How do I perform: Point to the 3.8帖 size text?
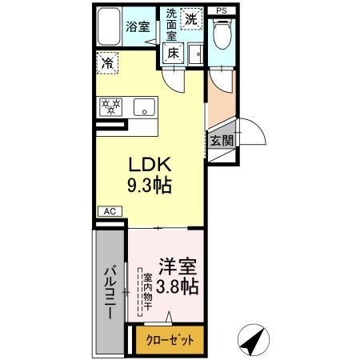[178, 286]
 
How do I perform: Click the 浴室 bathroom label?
[138, 26]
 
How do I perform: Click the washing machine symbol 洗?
[192, 18]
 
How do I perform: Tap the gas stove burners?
[110, 106]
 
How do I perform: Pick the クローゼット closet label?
[170, 339]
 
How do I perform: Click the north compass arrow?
[254, 341]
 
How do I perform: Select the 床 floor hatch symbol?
[173, 53]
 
